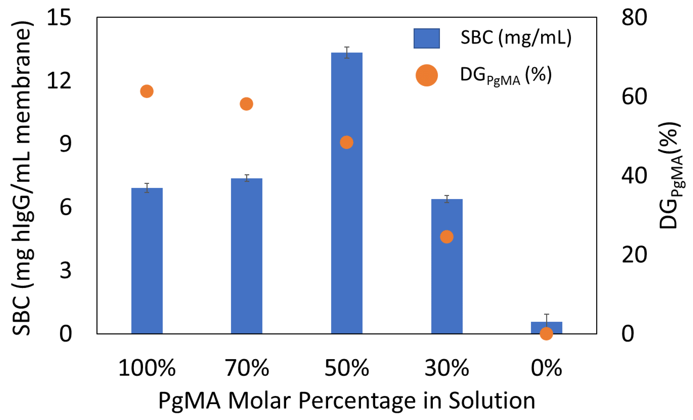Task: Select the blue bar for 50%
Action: pos(346,225)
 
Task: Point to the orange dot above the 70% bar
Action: pos(246,104)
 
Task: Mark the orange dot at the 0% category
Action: pos(546,333)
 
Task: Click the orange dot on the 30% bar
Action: pos(447,237)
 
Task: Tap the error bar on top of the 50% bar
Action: pos(347,53)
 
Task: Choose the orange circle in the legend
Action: pos(426,75)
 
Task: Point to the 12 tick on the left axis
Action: pos(59,81)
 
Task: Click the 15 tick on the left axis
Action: pos(59,17)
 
